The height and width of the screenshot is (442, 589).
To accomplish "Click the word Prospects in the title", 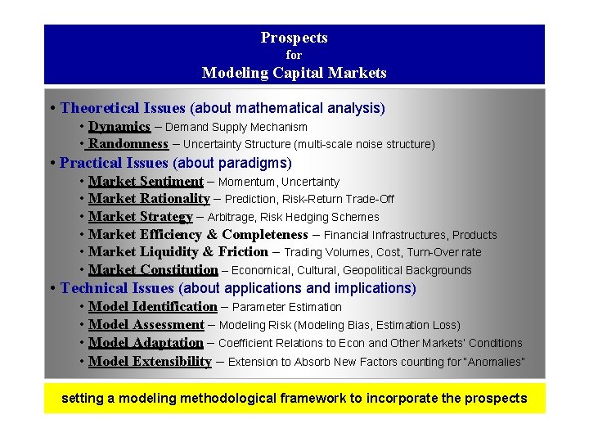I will tap(294, 38).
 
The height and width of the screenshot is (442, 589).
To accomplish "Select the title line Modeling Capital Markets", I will tap(294, 73).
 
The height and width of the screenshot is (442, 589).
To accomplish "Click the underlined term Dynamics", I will tap(119, 127).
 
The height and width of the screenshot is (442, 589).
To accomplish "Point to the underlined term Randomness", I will tap(128, 144).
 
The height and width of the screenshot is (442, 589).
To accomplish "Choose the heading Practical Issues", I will tap(114, 163).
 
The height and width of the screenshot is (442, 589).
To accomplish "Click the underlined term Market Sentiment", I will tap(146, 182).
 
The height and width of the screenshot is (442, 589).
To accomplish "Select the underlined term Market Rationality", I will tap(149, 199).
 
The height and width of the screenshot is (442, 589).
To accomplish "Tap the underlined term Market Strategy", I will tap(140, 217).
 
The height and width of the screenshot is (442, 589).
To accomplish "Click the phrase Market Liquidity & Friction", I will tap(178, 252).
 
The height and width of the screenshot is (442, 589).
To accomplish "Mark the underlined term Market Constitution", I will tap(153, 270).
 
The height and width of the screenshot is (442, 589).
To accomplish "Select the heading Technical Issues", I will tap(117, 288).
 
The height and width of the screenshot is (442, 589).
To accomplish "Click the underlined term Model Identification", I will tap(152, 307).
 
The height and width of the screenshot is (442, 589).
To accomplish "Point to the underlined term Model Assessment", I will tap(146, 325).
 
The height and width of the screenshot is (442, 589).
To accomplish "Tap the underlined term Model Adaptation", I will tap(146, 343).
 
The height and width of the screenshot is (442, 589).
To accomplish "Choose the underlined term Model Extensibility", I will tap(150, 362).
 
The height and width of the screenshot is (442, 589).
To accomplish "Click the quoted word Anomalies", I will tap(494, 362).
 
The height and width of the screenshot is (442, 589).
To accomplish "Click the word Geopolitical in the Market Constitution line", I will tap(377, 270).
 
